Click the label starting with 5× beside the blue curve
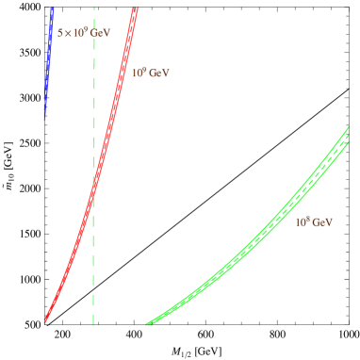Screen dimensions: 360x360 (x=84, y=33)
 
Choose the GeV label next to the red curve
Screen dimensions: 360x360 (x=150, y=72)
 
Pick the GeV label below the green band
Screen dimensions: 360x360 (x=314, y=222)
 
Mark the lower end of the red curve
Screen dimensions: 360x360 (x=44, y=323)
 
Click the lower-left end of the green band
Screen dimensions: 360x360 (x=147, y=324)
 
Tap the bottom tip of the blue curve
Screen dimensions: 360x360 (x=43, y=121)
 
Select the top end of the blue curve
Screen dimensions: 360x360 (x=52, y=8)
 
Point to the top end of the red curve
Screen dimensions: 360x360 (x=136, y=8)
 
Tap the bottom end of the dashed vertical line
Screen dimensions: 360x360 (x=93, y=325)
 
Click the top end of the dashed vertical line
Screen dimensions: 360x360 (x=93, y=8)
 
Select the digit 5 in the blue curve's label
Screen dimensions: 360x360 (x=59, y=33)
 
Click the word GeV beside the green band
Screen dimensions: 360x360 (x=322, y=222)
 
